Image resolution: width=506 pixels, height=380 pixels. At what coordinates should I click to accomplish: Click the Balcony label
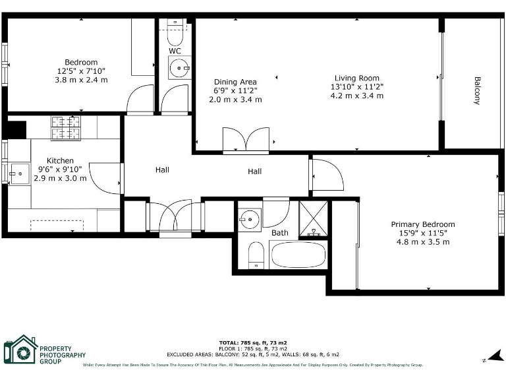(476, 90)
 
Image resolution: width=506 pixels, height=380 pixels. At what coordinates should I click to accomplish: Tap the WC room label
(175, 51)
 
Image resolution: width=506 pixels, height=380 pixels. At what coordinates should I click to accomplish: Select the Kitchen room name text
(60, 161)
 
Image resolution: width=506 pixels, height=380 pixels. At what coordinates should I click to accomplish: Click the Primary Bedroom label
(422, 224)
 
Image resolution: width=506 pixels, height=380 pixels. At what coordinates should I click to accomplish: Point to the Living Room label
(356, 78)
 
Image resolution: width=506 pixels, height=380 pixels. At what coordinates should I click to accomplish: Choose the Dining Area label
(235, 82)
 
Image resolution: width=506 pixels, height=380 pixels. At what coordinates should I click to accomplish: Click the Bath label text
(279, 233)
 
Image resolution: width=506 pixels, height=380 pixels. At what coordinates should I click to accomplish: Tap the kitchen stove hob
(65, 128)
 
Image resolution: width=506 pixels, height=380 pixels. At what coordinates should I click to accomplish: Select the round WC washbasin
(178, 67)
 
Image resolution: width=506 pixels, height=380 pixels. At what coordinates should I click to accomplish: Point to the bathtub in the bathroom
(298, 255)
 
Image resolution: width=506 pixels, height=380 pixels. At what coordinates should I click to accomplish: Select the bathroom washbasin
(250, 219)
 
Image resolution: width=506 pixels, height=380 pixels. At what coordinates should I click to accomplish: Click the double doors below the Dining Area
(246, 141)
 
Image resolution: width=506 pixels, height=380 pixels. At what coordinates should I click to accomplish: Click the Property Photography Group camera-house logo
(20, 350)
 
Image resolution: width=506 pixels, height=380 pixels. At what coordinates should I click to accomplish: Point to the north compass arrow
(489, 356)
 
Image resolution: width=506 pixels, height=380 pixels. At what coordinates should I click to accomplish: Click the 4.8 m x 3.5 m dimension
(422, 241)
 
